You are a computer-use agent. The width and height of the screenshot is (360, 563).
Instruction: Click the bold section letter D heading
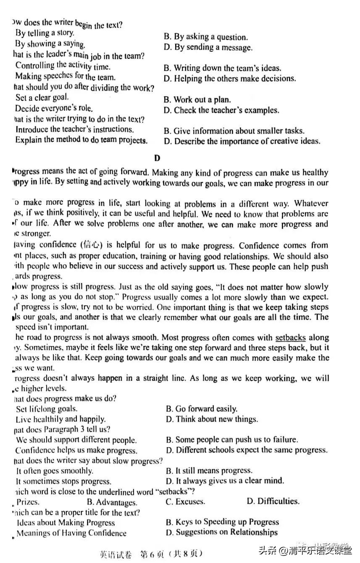[x=157, y=158]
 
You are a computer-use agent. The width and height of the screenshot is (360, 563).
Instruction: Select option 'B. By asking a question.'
[x=205, y=37]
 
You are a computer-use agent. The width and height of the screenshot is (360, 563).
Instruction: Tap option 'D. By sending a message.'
[x=208, y=47]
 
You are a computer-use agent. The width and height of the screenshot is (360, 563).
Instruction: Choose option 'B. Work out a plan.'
[x=197, y=100]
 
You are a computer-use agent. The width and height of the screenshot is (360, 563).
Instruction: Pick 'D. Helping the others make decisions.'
[x=230, y=79]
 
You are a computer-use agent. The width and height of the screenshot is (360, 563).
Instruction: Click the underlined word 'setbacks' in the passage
[x=291, y=338]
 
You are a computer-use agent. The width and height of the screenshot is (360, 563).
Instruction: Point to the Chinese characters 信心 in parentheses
[x=89, y=245]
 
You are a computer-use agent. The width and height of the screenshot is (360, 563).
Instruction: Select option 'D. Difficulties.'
[x=273, y=501]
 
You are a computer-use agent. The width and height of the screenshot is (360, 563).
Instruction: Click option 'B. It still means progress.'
[x=209, y=471]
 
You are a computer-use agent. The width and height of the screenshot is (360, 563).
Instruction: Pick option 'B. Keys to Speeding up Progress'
[x=222, y=522]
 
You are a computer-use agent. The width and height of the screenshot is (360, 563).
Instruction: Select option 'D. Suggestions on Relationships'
[x=221, y=532]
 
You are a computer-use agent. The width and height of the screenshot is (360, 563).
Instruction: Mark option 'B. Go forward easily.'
[x=201, y=409]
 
